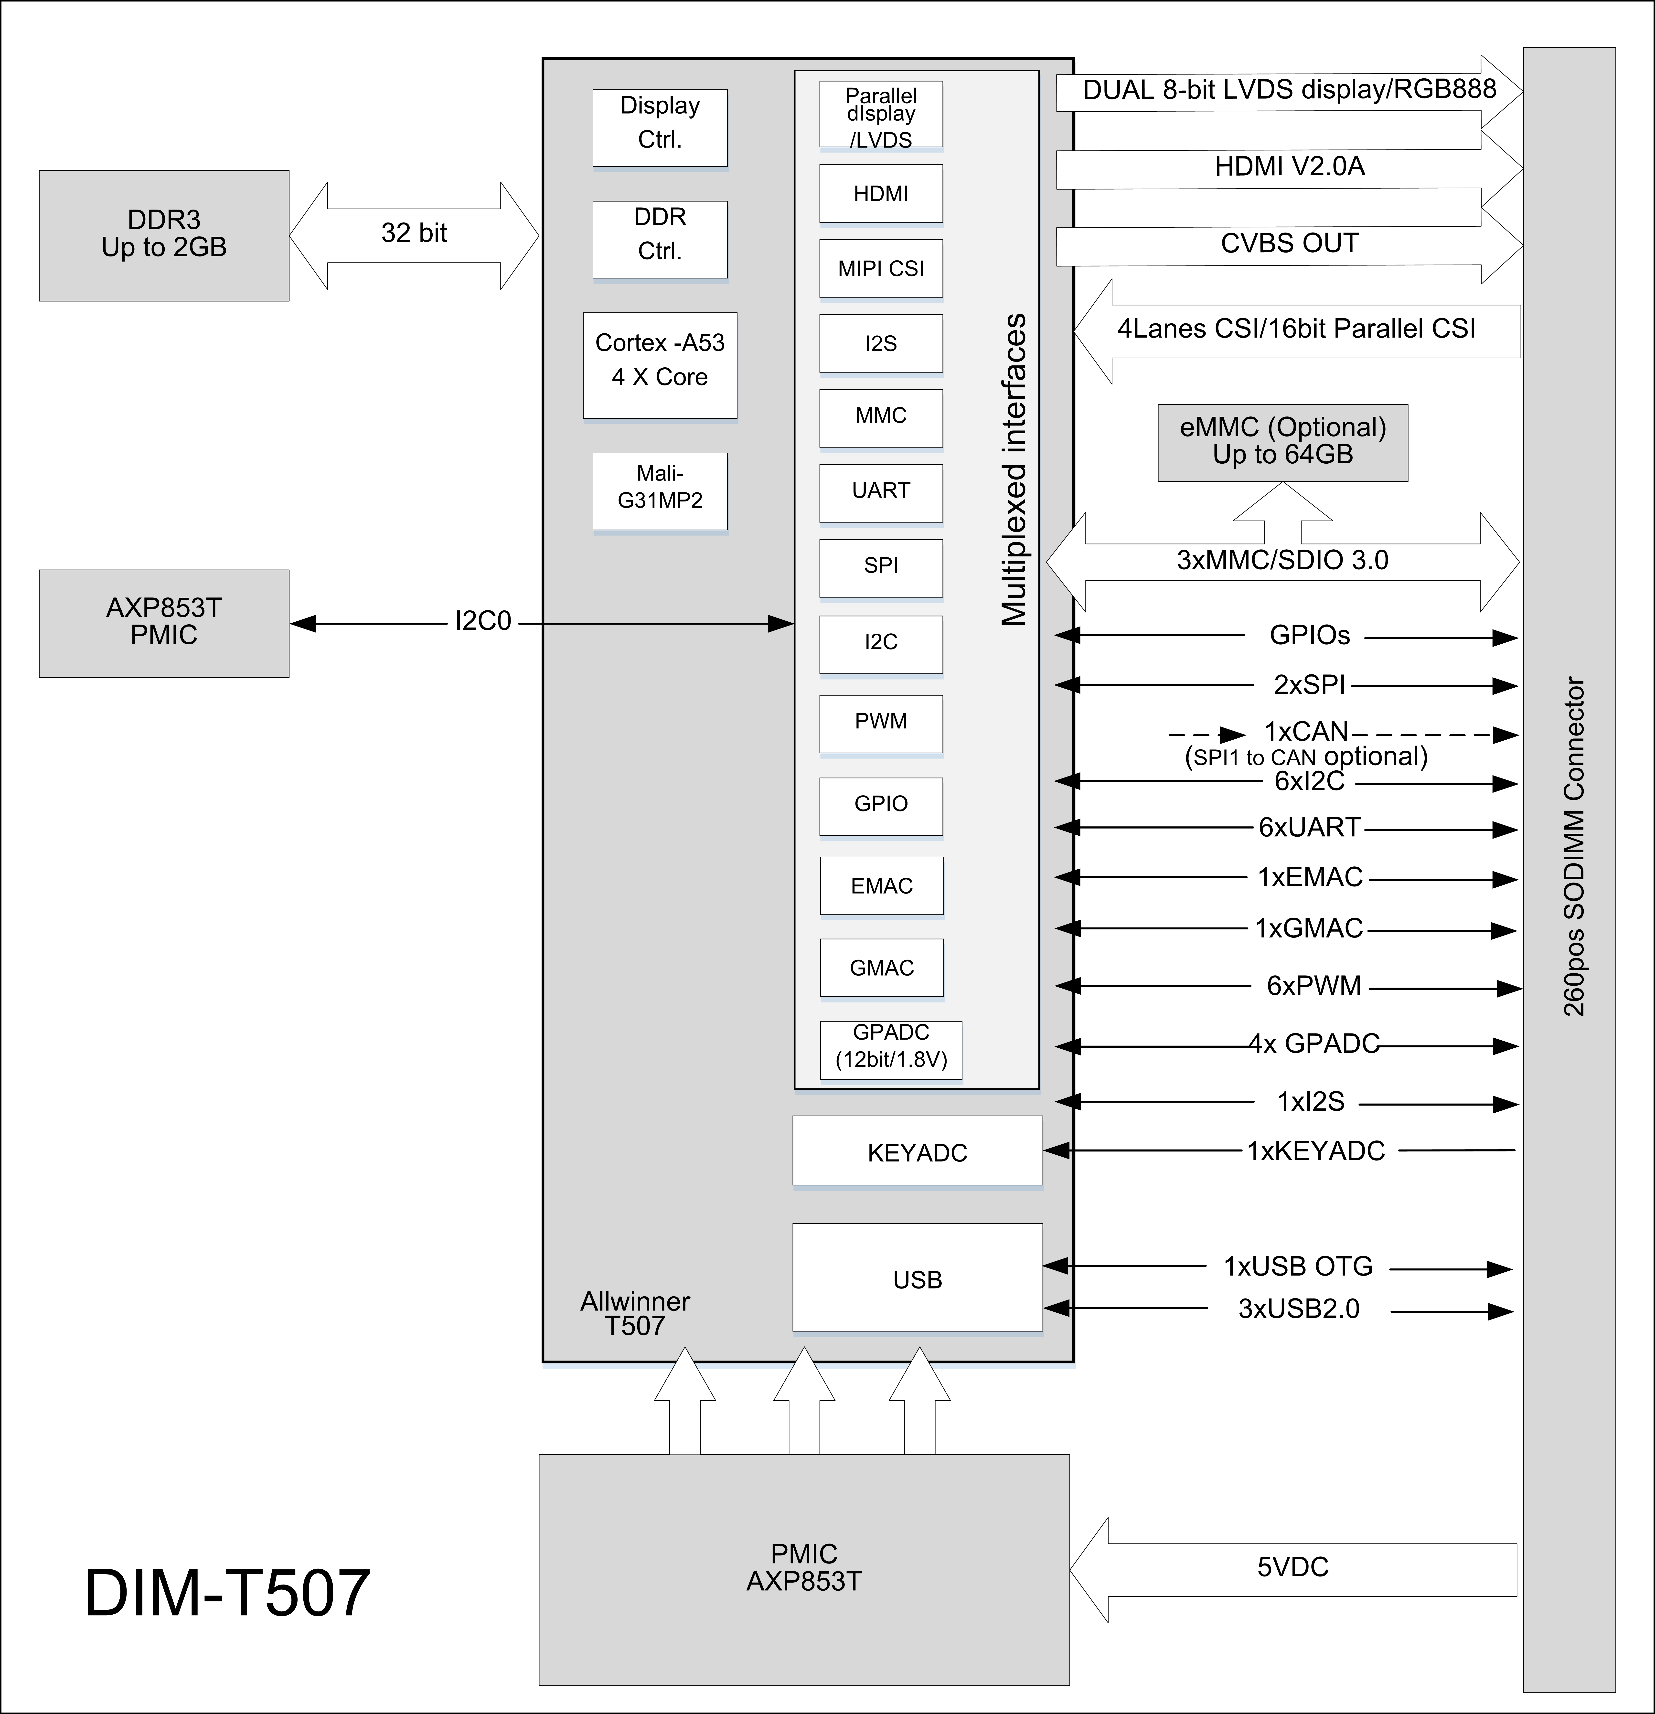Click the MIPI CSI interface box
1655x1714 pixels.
pyautogui.click(x=881, y=268)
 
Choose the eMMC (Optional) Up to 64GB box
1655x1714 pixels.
pyautogui.click(x=1282, y=442)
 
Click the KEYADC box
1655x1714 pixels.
pyautogui.click(x=917, y=1153)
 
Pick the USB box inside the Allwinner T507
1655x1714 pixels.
pyautogui.click(x=917, y=1279)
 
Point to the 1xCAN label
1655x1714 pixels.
pyautogui.click(x=1306, y=731)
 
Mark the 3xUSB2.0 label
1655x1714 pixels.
pyautogui.click(x=1298, y=1309)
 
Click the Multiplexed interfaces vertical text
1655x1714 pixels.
pyautogui.click(x=1014, y=470)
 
